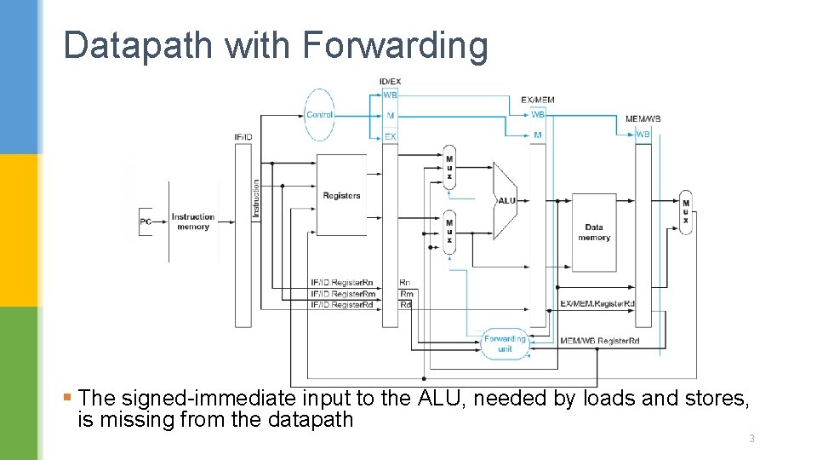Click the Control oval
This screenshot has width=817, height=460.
(x=320, y=115)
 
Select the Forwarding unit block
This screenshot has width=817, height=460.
(x=505, y=343)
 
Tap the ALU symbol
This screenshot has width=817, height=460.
(x=506, y=201)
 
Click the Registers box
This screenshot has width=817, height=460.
(x=341, y=196)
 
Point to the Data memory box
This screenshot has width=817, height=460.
(x=593, y=232)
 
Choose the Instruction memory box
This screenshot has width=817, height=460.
(x=193, y=221)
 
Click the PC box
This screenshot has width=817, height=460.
(x=146, y=221)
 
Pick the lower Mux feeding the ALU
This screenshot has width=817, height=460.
(x=449, y=233)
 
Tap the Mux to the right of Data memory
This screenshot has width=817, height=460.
(x=686, y=212)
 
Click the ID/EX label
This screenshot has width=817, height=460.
(x=390, y=82)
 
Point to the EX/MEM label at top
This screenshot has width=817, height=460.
(x=537, y=100)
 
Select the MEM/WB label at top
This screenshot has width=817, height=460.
(x=643, y=118)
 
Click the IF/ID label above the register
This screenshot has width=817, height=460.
(x=243, y=137)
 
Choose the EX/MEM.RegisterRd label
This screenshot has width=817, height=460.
(x=597, y=304)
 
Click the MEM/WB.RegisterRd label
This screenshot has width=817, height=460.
(x=599, y=341)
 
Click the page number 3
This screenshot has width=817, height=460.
(x=751, y=439)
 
